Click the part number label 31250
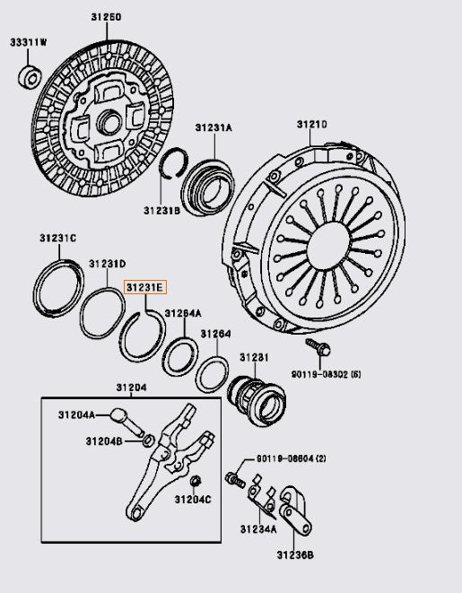click(106, 17)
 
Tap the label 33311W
click(30, 42)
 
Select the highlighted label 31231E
click(144, 287)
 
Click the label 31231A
click(214, 128)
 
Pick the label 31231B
click(161, 210)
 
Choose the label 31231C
click(57, 238)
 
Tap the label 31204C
click(193, 499)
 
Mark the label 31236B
click(296, 555)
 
